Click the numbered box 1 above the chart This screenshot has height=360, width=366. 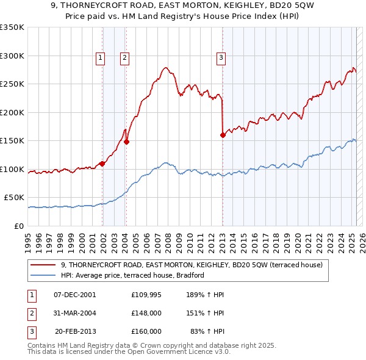point(100,58)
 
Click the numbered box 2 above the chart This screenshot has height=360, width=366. point(124,58)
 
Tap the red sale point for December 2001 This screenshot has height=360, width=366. point(102,164)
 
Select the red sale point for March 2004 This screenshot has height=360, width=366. point(127,142)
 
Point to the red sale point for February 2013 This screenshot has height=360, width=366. point(223,135)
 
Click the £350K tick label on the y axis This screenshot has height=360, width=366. point(12,27)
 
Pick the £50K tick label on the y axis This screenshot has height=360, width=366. point(14,198)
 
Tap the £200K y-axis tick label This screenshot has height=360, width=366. point(12,112)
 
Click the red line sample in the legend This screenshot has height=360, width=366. point(43,265)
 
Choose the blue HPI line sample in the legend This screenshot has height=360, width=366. point(43,275)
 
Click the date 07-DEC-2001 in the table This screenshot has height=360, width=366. point(74,295)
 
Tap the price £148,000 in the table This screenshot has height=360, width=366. point(146,313)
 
